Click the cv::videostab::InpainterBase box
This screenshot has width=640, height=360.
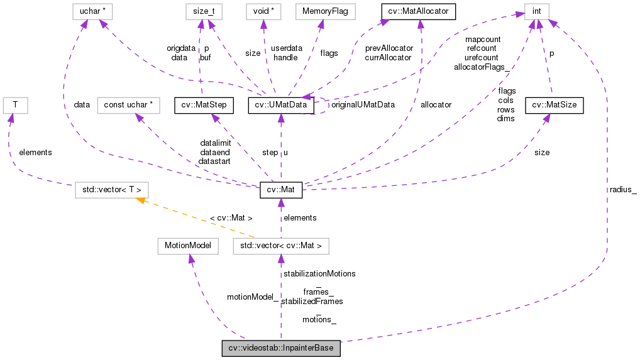pyautogui.click(x=281, y=348)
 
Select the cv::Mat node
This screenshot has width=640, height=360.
pyautogui.click(x=281, y=188)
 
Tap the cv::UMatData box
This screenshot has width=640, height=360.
pyautogui.click(x=281, y=105)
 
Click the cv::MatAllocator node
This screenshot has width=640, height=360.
pyautogui.click(x=417, y=11)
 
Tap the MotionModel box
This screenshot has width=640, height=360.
pyautogui.click(x=188, y=246)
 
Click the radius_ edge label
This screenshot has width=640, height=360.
pyautogui.click(x=622, y=189)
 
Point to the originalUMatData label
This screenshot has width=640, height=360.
pyautogui.click(x=363, y=105)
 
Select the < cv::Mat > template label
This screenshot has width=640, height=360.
pyautogui.click(x=231, y=218)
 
